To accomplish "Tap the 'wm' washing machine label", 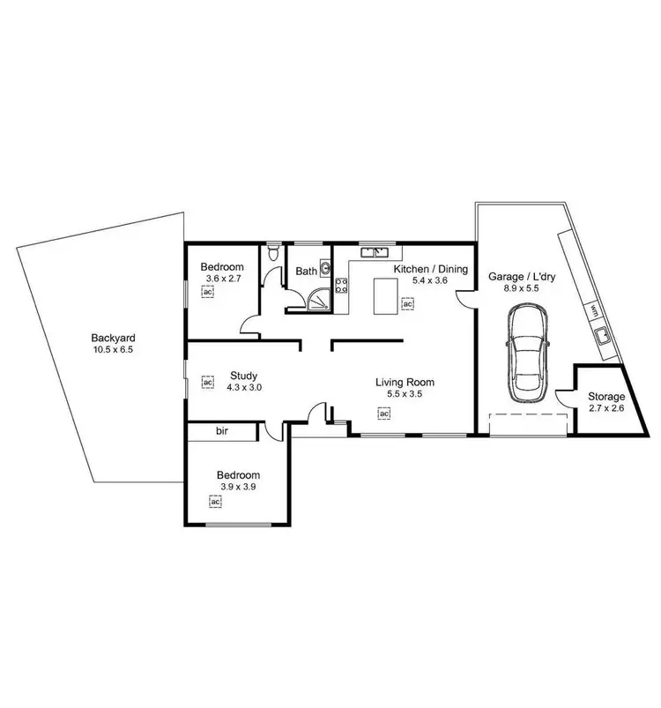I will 594,309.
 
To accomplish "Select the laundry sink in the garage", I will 604,335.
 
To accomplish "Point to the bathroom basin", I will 325,269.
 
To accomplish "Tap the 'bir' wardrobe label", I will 221,432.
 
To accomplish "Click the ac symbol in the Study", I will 208,383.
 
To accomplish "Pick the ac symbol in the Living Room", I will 384,413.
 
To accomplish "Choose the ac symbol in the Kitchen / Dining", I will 408,304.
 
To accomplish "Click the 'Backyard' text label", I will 114,338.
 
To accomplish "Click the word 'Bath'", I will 305,271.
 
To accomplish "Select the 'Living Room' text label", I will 405,382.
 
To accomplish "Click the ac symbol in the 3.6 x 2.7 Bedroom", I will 207,294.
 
